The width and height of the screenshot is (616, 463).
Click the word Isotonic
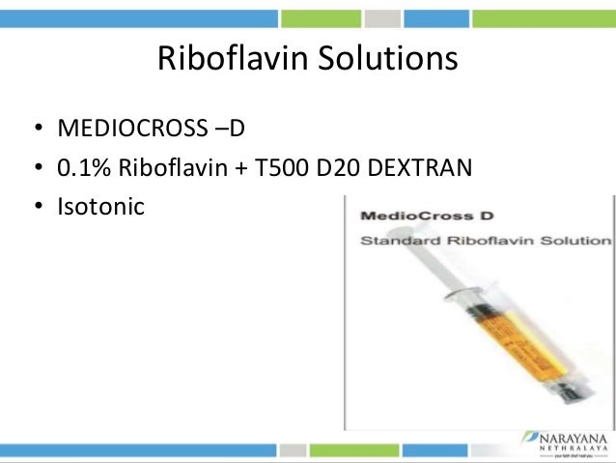[x=100, y=206]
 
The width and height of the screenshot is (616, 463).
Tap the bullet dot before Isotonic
[x=37, y=207]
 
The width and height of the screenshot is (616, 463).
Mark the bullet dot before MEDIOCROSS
[x=37, y=130]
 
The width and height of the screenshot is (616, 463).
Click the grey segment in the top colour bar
[x=383, y=17]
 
